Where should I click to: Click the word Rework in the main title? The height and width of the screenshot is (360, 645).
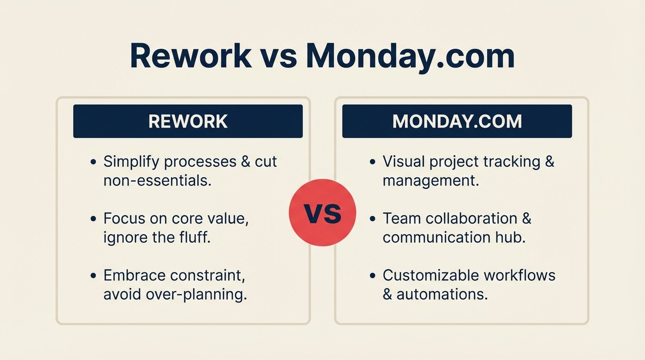tap(190, 56)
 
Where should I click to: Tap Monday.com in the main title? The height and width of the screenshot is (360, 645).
tap(410, 56)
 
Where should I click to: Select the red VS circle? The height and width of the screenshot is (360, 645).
tap(322, 213)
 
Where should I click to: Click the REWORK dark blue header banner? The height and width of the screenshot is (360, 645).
tap(188, 121)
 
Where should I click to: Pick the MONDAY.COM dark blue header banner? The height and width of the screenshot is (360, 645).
tap(457, 121)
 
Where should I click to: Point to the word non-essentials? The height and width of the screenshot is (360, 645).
tap(157, 180)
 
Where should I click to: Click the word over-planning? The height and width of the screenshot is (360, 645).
tap(195, 294)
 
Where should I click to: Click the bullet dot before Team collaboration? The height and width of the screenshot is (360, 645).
tap(373, 219)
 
